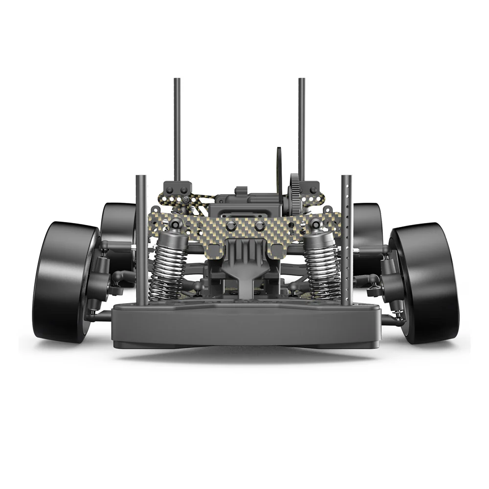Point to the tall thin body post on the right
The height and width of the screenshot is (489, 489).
point(302,127)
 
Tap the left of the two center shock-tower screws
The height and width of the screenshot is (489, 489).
point(231,225)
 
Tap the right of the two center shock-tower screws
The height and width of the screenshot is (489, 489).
point(260,225)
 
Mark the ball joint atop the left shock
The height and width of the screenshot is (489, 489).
point(175,224)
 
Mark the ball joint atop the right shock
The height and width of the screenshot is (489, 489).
point(316,224)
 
